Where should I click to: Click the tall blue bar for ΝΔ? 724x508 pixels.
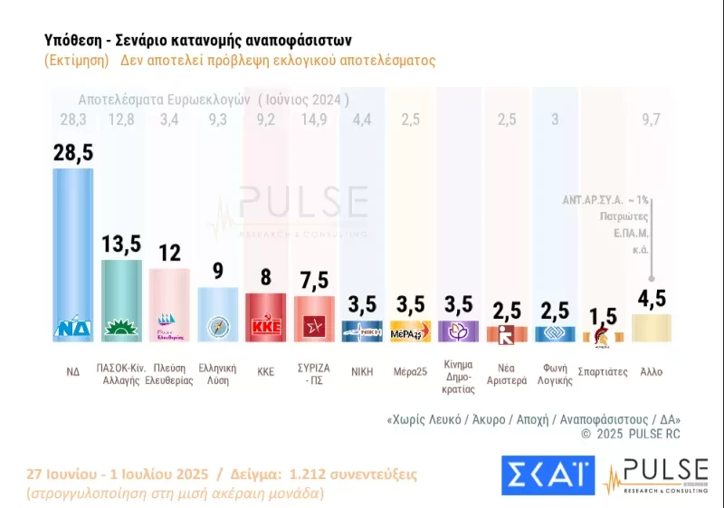[73, 244]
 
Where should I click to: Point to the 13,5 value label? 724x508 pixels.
[120, 244]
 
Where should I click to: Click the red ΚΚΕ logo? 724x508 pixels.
[265, 328]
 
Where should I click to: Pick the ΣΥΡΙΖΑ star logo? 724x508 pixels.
[314, 328]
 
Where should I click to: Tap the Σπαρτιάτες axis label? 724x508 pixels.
[603, 371]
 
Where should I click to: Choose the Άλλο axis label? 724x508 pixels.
[652, 371]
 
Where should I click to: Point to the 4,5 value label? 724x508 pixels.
[652, 298]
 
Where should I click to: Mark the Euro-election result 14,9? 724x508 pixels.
[314, 120]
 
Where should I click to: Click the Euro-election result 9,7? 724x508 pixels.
[652, 120]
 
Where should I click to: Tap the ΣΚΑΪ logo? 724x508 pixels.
[548, 475]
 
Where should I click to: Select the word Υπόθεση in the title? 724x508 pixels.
[73, 41]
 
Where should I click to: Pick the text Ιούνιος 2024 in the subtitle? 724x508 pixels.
[303, 99]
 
